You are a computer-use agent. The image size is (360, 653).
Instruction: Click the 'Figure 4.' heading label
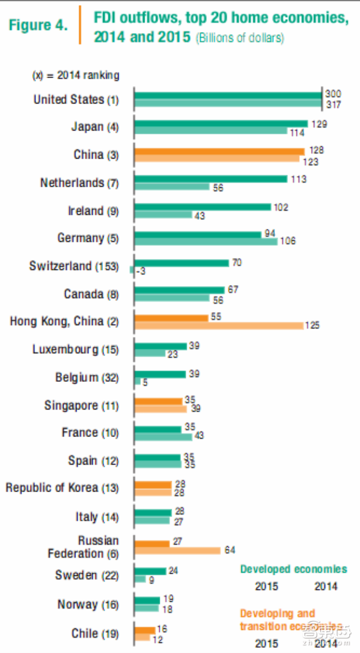click(38, 25)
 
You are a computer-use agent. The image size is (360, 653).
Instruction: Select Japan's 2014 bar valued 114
click(211, 132)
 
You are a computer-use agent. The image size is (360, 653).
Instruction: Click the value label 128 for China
click(316, 151)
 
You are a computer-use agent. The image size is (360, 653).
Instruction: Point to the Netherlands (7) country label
click(79, 183)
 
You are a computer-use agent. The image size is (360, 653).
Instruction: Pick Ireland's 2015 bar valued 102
click(203, 207)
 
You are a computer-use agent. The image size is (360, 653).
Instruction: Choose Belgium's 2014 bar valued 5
click(138, 381)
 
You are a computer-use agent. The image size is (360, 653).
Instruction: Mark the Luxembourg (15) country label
click(75, 349)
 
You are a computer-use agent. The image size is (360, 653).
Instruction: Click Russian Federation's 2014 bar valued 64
click(178, 550)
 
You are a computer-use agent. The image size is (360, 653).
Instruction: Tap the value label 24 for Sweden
click(173, 570)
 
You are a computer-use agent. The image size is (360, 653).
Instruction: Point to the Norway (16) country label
click(88, 605)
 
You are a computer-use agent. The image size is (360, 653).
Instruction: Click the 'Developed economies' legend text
click(294, 569)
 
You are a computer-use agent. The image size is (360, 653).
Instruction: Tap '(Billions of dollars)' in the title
click(240, 39)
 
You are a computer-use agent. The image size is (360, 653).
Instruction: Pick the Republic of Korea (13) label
click(62, 488)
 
